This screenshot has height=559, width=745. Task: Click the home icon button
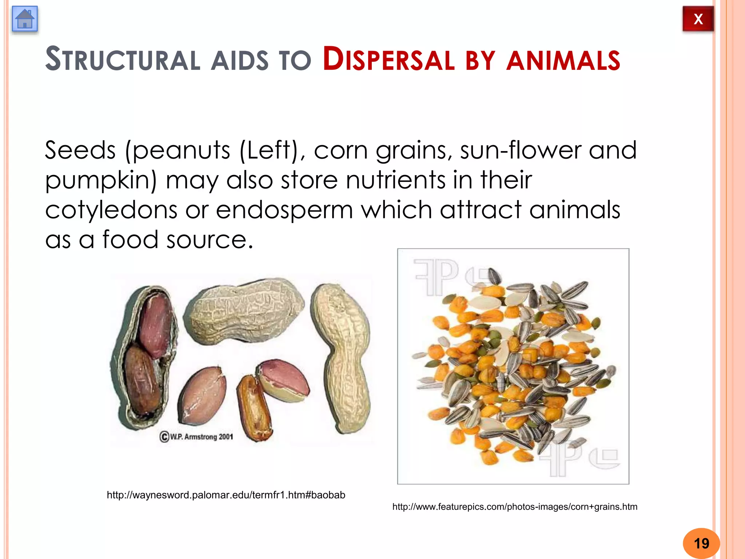point(25,19)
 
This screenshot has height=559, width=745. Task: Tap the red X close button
point(698,19)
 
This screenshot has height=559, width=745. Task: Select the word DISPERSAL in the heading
point(389,60)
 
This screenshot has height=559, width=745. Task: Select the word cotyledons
point(111,210)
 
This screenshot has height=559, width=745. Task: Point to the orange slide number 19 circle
point(701,543)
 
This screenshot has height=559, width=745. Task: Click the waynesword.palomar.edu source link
point(226,495)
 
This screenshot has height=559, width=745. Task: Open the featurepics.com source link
point(515,507)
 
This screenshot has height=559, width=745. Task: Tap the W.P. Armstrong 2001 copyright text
point(197,436)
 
